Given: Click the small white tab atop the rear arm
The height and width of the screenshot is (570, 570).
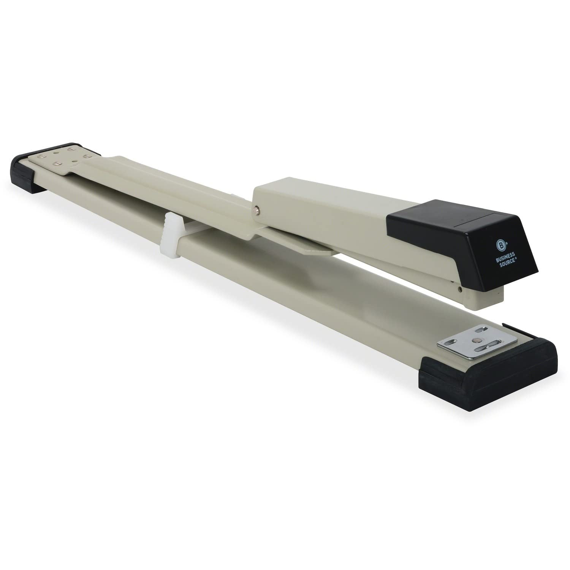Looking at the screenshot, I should coord(236,197).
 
